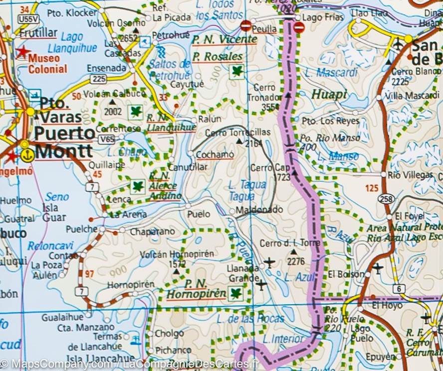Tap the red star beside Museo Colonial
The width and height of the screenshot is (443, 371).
tap(22, 52)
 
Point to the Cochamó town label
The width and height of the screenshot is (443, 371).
tap(215, 155)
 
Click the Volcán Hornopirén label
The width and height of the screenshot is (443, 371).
tap(177, 254)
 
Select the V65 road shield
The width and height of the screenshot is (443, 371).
tap(106, 140)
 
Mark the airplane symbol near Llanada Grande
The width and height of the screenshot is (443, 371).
tap(269, 261)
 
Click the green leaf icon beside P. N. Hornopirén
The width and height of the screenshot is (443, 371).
tap(235, 294)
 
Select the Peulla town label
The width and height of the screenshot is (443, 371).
tap(264, 29)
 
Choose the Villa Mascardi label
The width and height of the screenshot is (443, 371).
tap(406, 95)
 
